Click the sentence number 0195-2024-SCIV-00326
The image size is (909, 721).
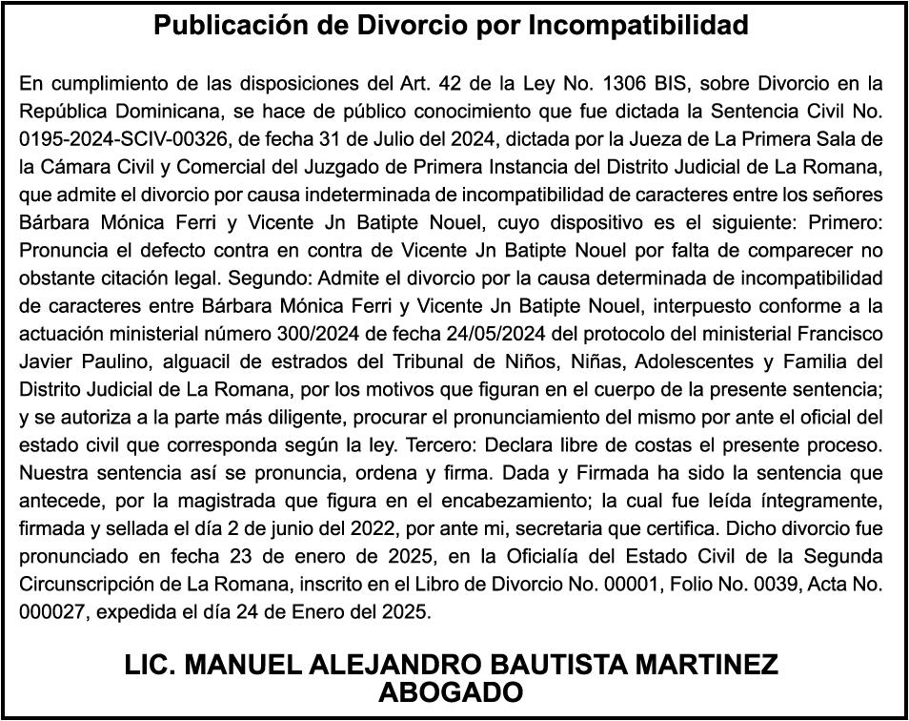click(125, 139)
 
